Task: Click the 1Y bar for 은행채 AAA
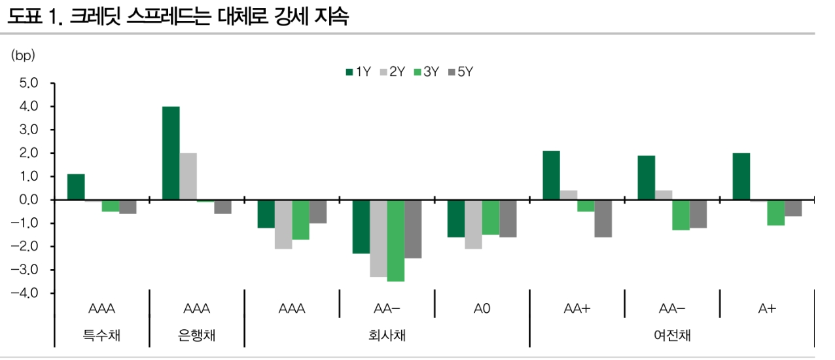(171, 153)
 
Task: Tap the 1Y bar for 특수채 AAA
(76, 187)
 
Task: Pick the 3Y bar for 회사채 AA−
(396, 241)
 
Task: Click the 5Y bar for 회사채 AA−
(413, 229)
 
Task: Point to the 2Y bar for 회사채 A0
(473, 225)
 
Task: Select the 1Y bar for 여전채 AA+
(552, 175)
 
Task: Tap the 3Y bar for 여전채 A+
(776, 213)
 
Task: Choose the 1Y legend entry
(359, 73)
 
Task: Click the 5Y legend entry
(460, 73)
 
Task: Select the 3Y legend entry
(426, 73)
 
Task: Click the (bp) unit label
(22, 56)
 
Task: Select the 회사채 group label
(387, 336)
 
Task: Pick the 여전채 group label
(672, 336)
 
